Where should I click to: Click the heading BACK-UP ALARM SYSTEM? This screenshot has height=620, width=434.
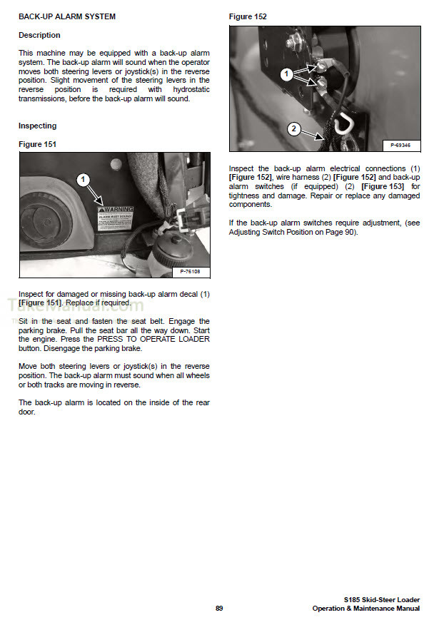click(x=66, y=16)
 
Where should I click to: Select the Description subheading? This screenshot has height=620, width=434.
click(x=39, y=35)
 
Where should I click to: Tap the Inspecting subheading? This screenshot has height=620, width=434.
click(x=37, y=126)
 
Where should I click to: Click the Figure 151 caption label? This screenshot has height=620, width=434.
click(x=37, y=144)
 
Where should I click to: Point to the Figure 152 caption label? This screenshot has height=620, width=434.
click(x=248, y=16)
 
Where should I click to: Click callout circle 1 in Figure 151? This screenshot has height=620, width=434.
click(x=84, y=180)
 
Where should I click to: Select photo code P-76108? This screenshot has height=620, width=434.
click(x=190, y=272)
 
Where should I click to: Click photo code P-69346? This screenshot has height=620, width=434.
click(x=401, y=145)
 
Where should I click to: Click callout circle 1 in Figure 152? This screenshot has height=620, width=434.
click(x=286, y=73)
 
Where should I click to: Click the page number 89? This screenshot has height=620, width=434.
click(x=219, y=608)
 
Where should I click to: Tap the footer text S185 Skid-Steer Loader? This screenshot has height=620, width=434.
click(x=382, y=599)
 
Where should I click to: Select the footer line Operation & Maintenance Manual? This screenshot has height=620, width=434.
click(x=365, y=608)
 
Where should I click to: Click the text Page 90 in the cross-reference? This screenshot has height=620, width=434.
click(x=340, y=233)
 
